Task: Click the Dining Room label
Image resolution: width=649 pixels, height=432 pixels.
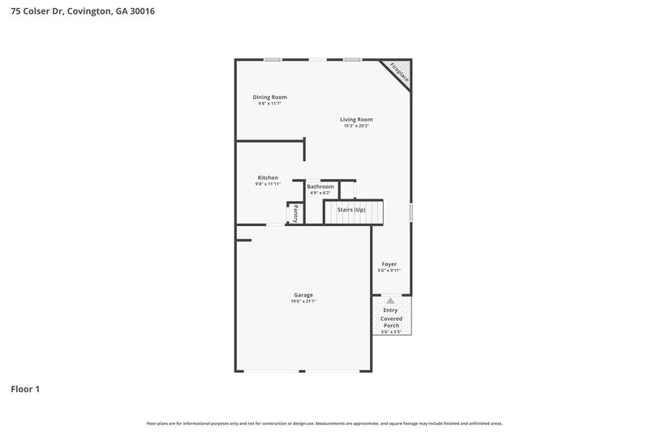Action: pyautogui.click(x=269, y=97)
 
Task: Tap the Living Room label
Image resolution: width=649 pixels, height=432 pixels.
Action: pyautogui.click(x=356, y=119)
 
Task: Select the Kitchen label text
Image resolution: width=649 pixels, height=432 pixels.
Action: pyautogui.click(x=268, y=178)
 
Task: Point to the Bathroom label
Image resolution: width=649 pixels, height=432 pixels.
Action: pyautogui.click(x=320, y=186)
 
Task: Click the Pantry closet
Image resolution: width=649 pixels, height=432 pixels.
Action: pyautogui.click(x=296, y=213)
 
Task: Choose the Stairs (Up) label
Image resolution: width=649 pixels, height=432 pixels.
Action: pyautogui.click(x=351, y=210)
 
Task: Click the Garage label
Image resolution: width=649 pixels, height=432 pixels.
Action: pyautogui.click(x=303, y=294)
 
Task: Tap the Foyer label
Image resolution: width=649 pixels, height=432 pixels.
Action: pyautogui.click(x=389, y=264)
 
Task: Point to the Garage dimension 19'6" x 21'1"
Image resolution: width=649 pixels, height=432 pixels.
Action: pyautogui.click(x=303, y=302)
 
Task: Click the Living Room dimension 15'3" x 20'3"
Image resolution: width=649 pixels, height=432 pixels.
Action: pyautogui.click(x=356, y=126)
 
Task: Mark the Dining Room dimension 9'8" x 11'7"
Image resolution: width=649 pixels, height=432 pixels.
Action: pyautogui.click(x=269, y=104)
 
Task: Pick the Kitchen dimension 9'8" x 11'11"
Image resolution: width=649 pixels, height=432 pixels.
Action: pyautogui.click(x=268, y=184)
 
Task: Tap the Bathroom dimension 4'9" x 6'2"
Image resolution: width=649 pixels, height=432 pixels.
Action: pyautogui.click(x=320, y=193)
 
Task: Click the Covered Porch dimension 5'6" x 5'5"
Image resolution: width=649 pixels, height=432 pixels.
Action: pyautogui.click(x=391, y=331)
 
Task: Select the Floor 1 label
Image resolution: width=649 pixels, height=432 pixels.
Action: pyautogui.click(x=25, y=389)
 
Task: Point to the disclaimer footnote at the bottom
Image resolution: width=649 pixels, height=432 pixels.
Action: pyautogui.click(x=324, y=423)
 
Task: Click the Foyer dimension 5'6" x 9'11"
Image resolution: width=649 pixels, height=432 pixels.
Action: pyautogui.click(x=389, y=271)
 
